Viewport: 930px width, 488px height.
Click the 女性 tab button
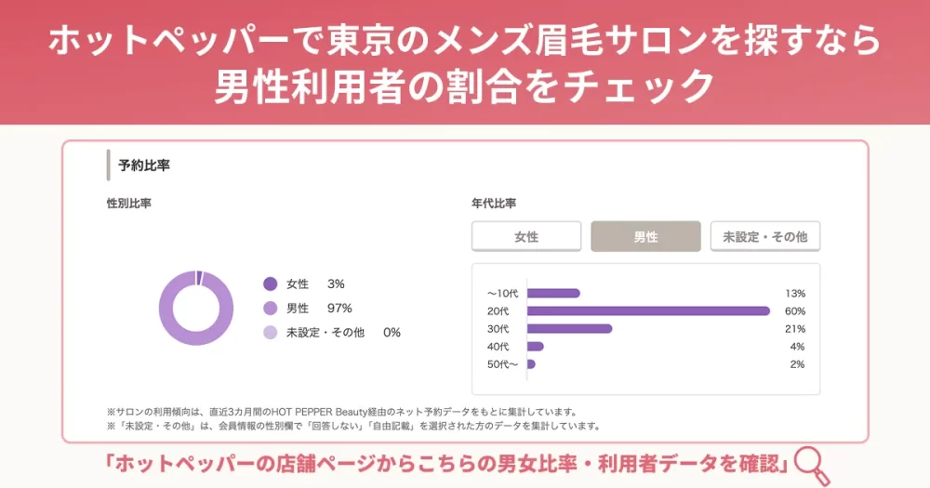[526, 237]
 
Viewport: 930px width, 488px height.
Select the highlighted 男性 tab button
[645, 237]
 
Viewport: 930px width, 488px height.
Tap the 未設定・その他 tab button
[765, 237]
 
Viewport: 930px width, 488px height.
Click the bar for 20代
[648, 310]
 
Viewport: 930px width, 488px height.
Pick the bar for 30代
[569, 328]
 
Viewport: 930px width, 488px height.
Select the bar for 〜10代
[553, 293]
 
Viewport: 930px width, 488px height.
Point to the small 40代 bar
[535, 347]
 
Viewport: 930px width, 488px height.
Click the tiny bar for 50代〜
[531, 364]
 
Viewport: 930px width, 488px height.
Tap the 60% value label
[794, 310]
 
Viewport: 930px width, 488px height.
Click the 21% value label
[794, 328]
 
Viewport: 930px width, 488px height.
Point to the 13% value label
[794, 293]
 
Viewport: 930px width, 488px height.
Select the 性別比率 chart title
[128, 204]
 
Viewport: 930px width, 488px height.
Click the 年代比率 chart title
[494, 204]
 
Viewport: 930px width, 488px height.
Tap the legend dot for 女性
[271, 284]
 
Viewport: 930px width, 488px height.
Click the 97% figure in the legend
[339, 309]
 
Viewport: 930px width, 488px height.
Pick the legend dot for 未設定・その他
[271, 333]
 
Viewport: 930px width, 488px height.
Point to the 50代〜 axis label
[502, 364]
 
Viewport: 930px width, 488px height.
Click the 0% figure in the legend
[392, 333]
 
